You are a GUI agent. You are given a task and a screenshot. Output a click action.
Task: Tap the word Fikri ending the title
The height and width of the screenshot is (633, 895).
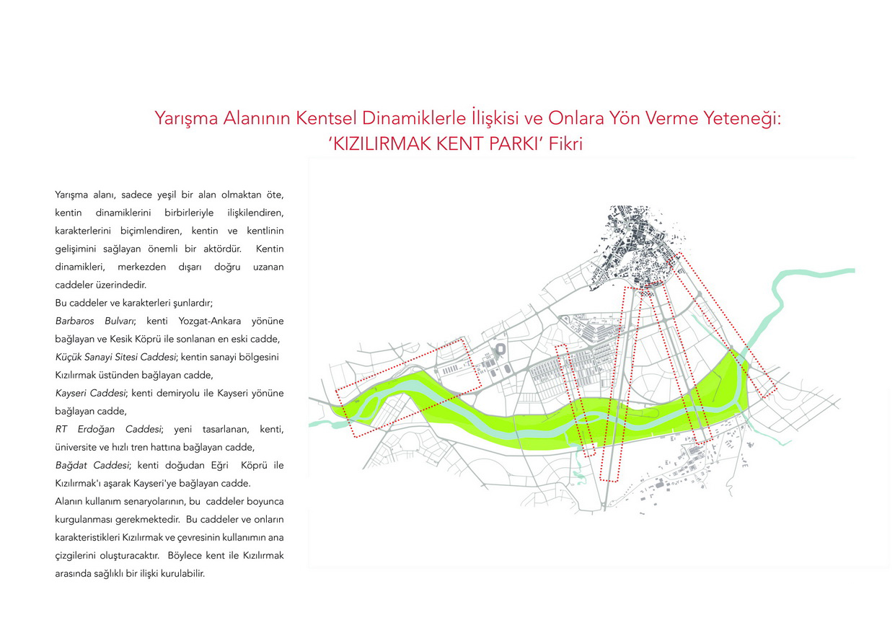pos(565,143)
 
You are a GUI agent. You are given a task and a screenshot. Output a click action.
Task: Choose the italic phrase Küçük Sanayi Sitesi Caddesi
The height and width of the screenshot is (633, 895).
pos(115,357)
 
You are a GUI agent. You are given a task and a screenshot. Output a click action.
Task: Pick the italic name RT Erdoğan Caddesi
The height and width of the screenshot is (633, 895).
pos(107,429)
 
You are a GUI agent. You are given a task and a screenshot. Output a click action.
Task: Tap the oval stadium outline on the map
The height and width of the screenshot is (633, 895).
pos(501,350)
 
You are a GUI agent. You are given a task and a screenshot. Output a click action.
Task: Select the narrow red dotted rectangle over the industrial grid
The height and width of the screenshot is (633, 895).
pos(578,400)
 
